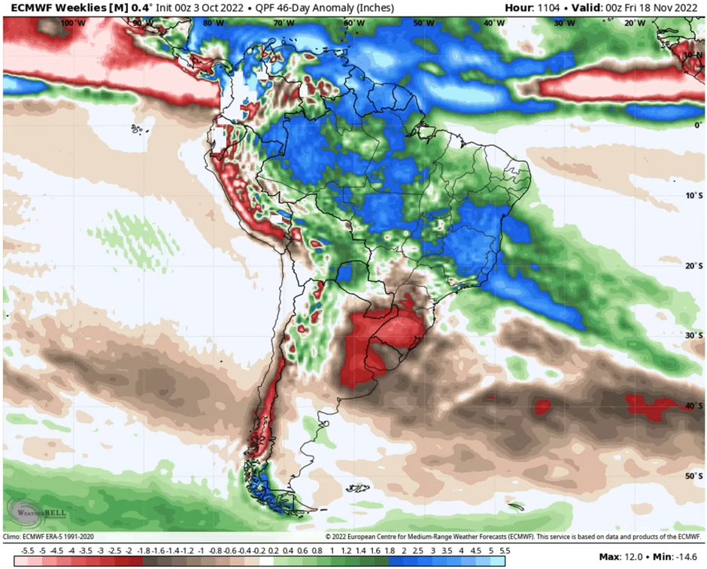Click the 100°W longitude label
coord(73,23)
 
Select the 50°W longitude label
coord(423,23)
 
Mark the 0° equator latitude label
coord(697,125)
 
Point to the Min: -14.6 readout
coord(675,557)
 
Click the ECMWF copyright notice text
coord(514,537)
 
